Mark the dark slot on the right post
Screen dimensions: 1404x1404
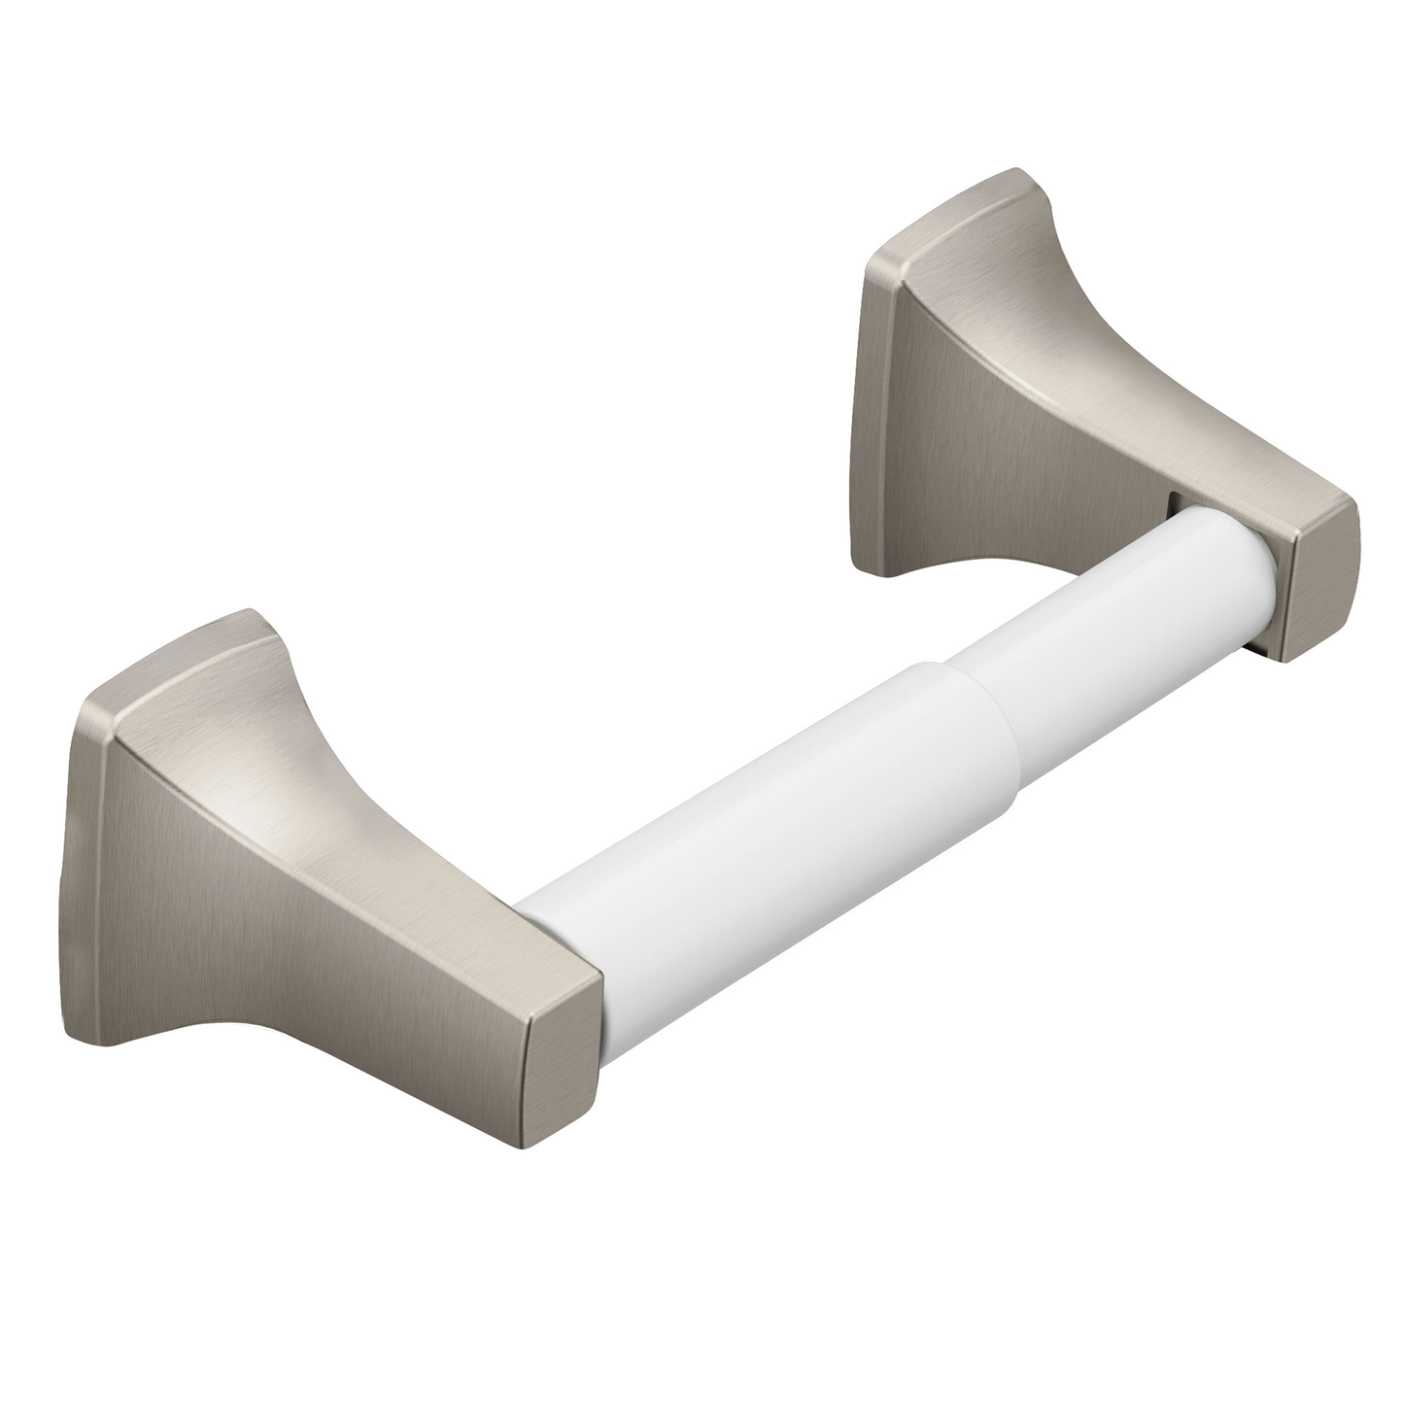coord(1173,505)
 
